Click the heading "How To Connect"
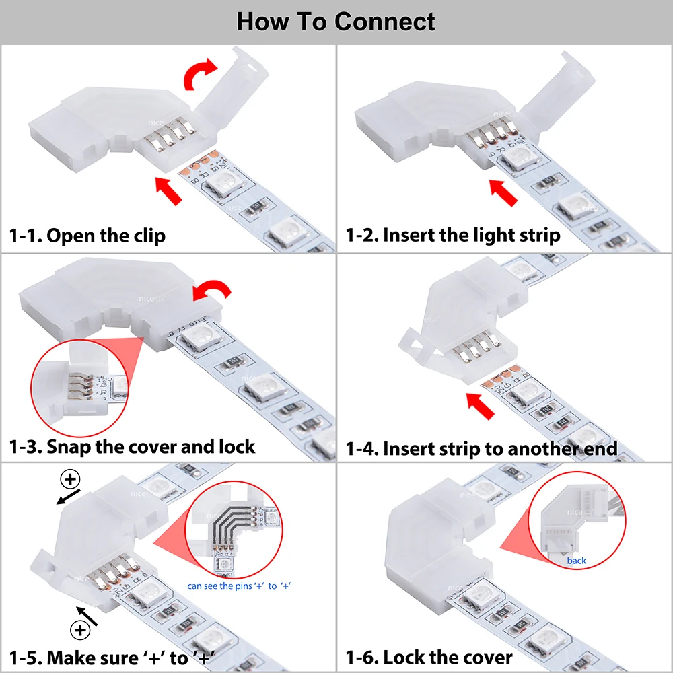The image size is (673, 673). click(336, 22)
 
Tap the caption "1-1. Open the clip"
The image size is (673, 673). click(87, 236)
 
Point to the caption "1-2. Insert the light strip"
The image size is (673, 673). click(453, 235)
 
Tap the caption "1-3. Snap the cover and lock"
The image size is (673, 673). click(132, 446)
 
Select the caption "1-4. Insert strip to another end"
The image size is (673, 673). click(481, 449)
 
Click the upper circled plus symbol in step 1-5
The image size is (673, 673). click(70, 479)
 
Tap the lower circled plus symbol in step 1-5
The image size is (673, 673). click(80, 631)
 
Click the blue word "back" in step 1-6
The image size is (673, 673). click(577, 561)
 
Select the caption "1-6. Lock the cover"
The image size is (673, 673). click(429, 658)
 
